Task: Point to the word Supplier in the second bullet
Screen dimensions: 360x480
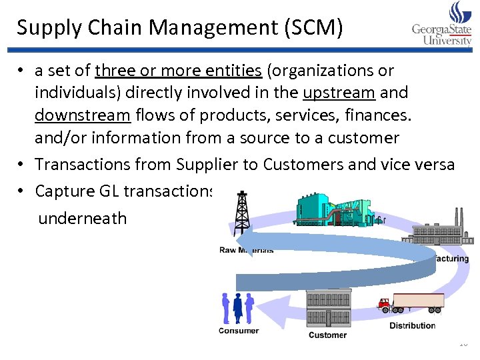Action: pos(204,164)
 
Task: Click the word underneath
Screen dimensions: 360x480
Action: pos(82,218)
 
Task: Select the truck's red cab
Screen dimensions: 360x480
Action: pos(385,305)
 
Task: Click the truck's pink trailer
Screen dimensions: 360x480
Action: pos(419,301)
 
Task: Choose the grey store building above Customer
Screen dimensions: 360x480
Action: pos(328,307)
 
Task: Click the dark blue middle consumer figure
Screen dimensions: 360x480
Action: pos(237,308)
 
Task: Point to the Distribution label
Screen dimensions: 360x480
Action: pos(412,325)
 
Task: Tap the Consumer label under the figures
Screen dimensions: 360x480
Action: pos(238,331)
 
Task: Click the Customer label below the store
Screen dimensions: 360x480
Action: pos(327,335)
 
